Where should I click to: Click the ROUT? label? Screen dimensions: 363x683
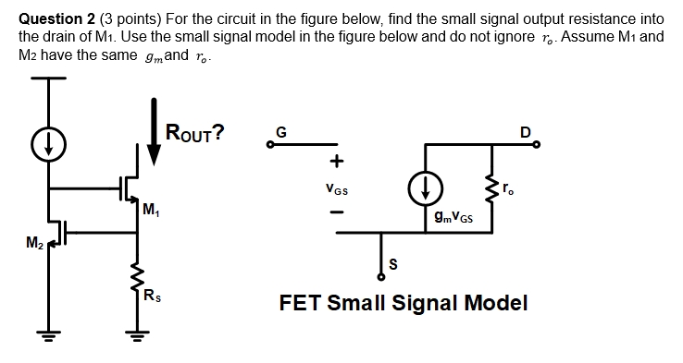(x=194, y=132)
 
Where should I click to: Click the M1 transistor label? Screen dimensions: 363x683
(x=151, y=206)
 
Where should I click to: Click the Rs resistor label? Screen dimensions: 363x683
(x=153, y=296)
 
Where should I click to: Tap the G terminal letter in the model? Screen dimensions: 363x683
(x=280, y=131)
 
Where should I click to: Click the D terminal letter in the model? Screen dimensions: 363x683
(x=525, y=131)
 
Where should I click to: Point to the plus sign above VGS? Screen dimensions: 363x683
(x=336, y=163)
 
